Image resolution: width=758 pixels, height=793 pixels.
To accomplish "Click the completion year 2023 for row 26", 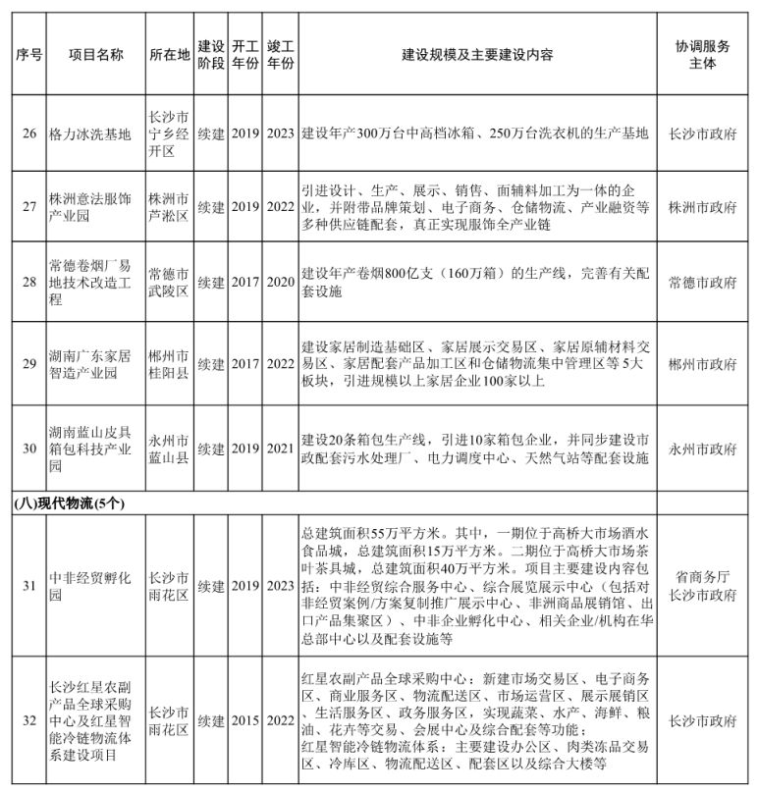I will [x=280, y=133].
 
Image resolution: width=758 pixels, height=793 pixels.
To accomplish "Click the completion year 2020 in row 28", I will [x=280, y=283].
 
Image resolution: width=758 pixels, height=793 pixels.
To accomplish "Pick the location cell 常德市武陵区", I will [x=167, y=283].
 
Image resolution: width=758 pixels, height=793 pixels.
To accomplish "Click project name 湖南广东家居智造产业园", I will [x=89, y=364].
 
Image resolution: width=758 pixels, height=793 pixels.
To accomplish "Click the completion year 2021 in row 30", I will [x=280, y=449].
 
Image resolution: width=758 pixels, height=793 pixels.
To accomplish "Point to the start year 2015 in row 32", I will [x=245, y=721].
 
